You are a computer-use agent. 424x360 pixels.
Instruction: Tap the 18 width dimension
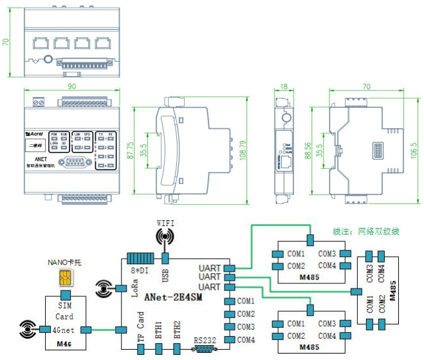284,86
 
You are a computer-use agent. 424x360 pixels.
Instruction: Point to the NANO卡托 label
64,262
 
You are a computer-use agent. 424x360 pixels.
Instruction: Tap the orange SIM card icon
64,278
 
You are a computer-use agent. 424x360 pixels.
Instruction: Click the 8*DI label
138,270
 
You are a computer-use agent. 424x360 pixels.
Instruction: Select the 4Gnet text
65,330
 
